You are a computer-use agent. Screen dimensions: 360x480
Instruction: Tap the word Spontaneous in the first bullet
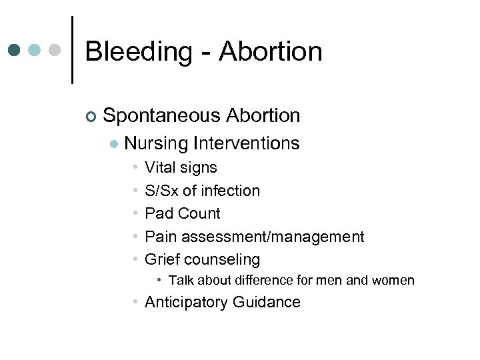(163, 116)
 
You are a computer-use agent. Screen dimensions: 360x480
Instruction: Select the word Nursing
(156, 143)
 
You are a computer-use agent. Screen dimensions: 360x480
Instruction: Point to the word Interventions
(246, 143)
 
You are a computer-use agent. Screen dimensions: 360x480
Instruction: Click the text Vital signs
(181, 168)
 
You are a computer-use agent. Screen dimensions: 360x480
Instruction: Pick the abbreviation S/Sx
(161, 191)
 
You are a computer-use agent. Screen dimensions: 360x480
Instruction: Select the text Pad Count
(182, 213)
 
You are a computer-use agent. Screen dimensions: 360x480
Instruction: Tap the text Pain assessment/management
(254, 237)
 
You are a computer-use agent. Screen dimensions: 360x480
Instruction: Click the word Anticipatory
(186, 303)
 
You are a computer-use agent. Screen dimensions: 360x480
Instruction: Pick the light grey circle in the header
(56, 50)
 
